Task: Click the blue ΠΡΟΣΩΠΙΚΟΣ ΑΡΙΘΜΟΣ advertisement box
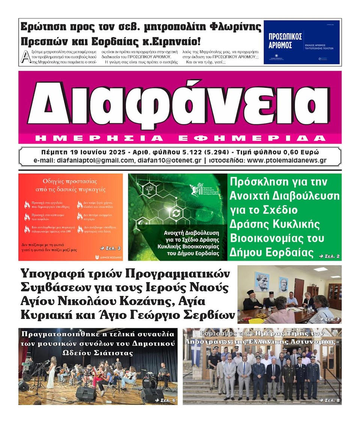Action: point(301,42)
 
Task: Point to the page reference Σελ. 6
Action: point(165,401)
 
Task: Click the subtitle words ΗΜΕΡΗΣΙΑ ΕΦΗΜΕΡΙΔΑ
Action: point(180,138)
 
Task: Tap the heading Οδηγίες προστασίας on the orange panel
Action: point(70,181)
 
